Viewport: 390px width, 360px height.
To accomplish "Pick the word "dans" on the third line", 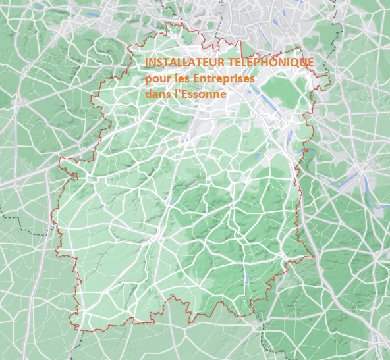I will point(157,94).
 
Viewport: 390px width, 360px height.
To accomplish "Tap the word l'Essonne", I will point(200,94).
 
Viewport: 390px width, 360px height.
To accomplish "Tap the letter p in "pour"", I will point(148,80).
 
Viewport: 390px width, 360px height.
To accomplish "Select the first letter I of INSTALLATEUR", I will point(146,62).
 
